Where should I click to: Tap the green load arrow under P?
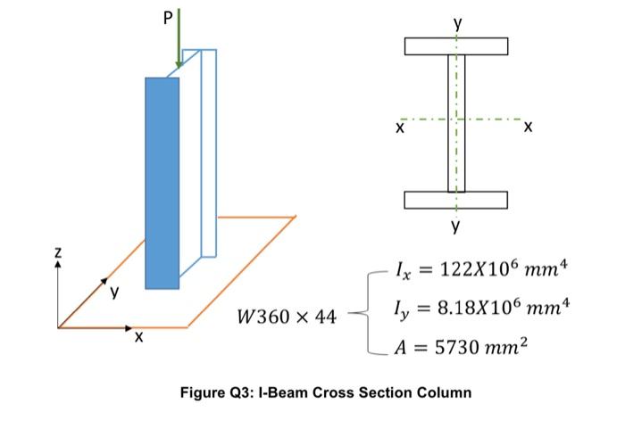coord(179,40)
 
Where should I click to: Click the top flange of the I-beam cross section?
coord(455,46)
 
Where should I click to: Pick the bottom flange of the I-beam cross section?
coord(455,200)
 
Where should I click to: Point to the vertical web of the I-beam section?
coord(455,123)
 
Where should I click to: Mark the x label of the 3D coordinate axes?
coord(138,340)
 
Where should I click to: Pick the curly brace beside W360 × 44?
coord(359,312)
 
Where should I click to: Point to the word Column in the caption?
coord(444,392)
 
